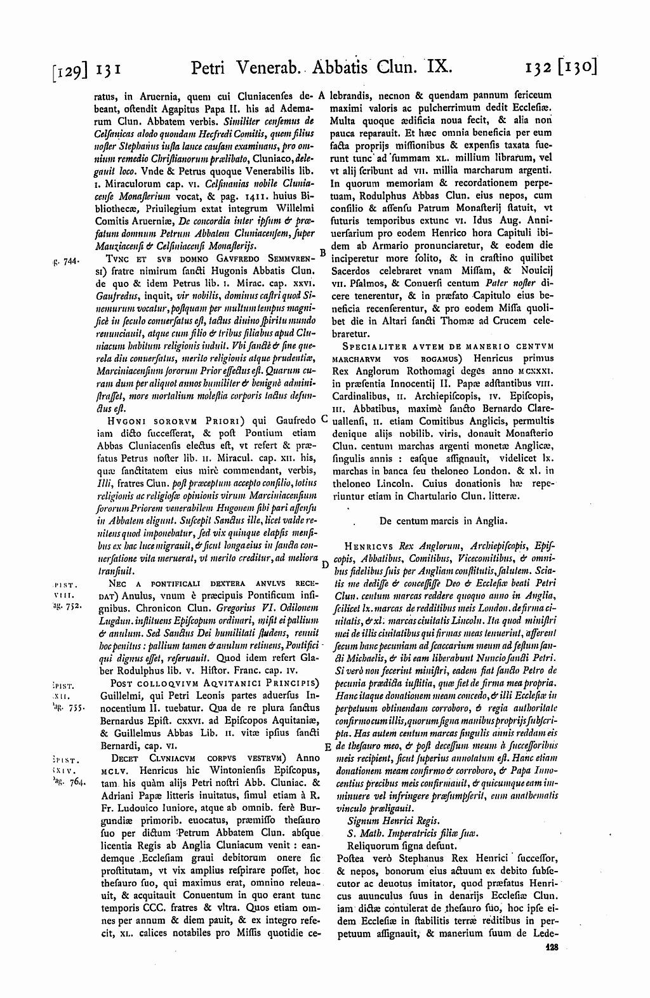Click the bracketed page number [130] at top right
pos(577,67)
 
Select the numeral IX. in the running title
pos(437,66)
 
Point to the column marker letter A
pos(322,96)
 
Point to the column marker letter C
pos(323,419)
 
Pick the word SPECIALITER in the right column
pos(371,346)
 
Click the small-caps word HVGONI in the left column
pos(129,420)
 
